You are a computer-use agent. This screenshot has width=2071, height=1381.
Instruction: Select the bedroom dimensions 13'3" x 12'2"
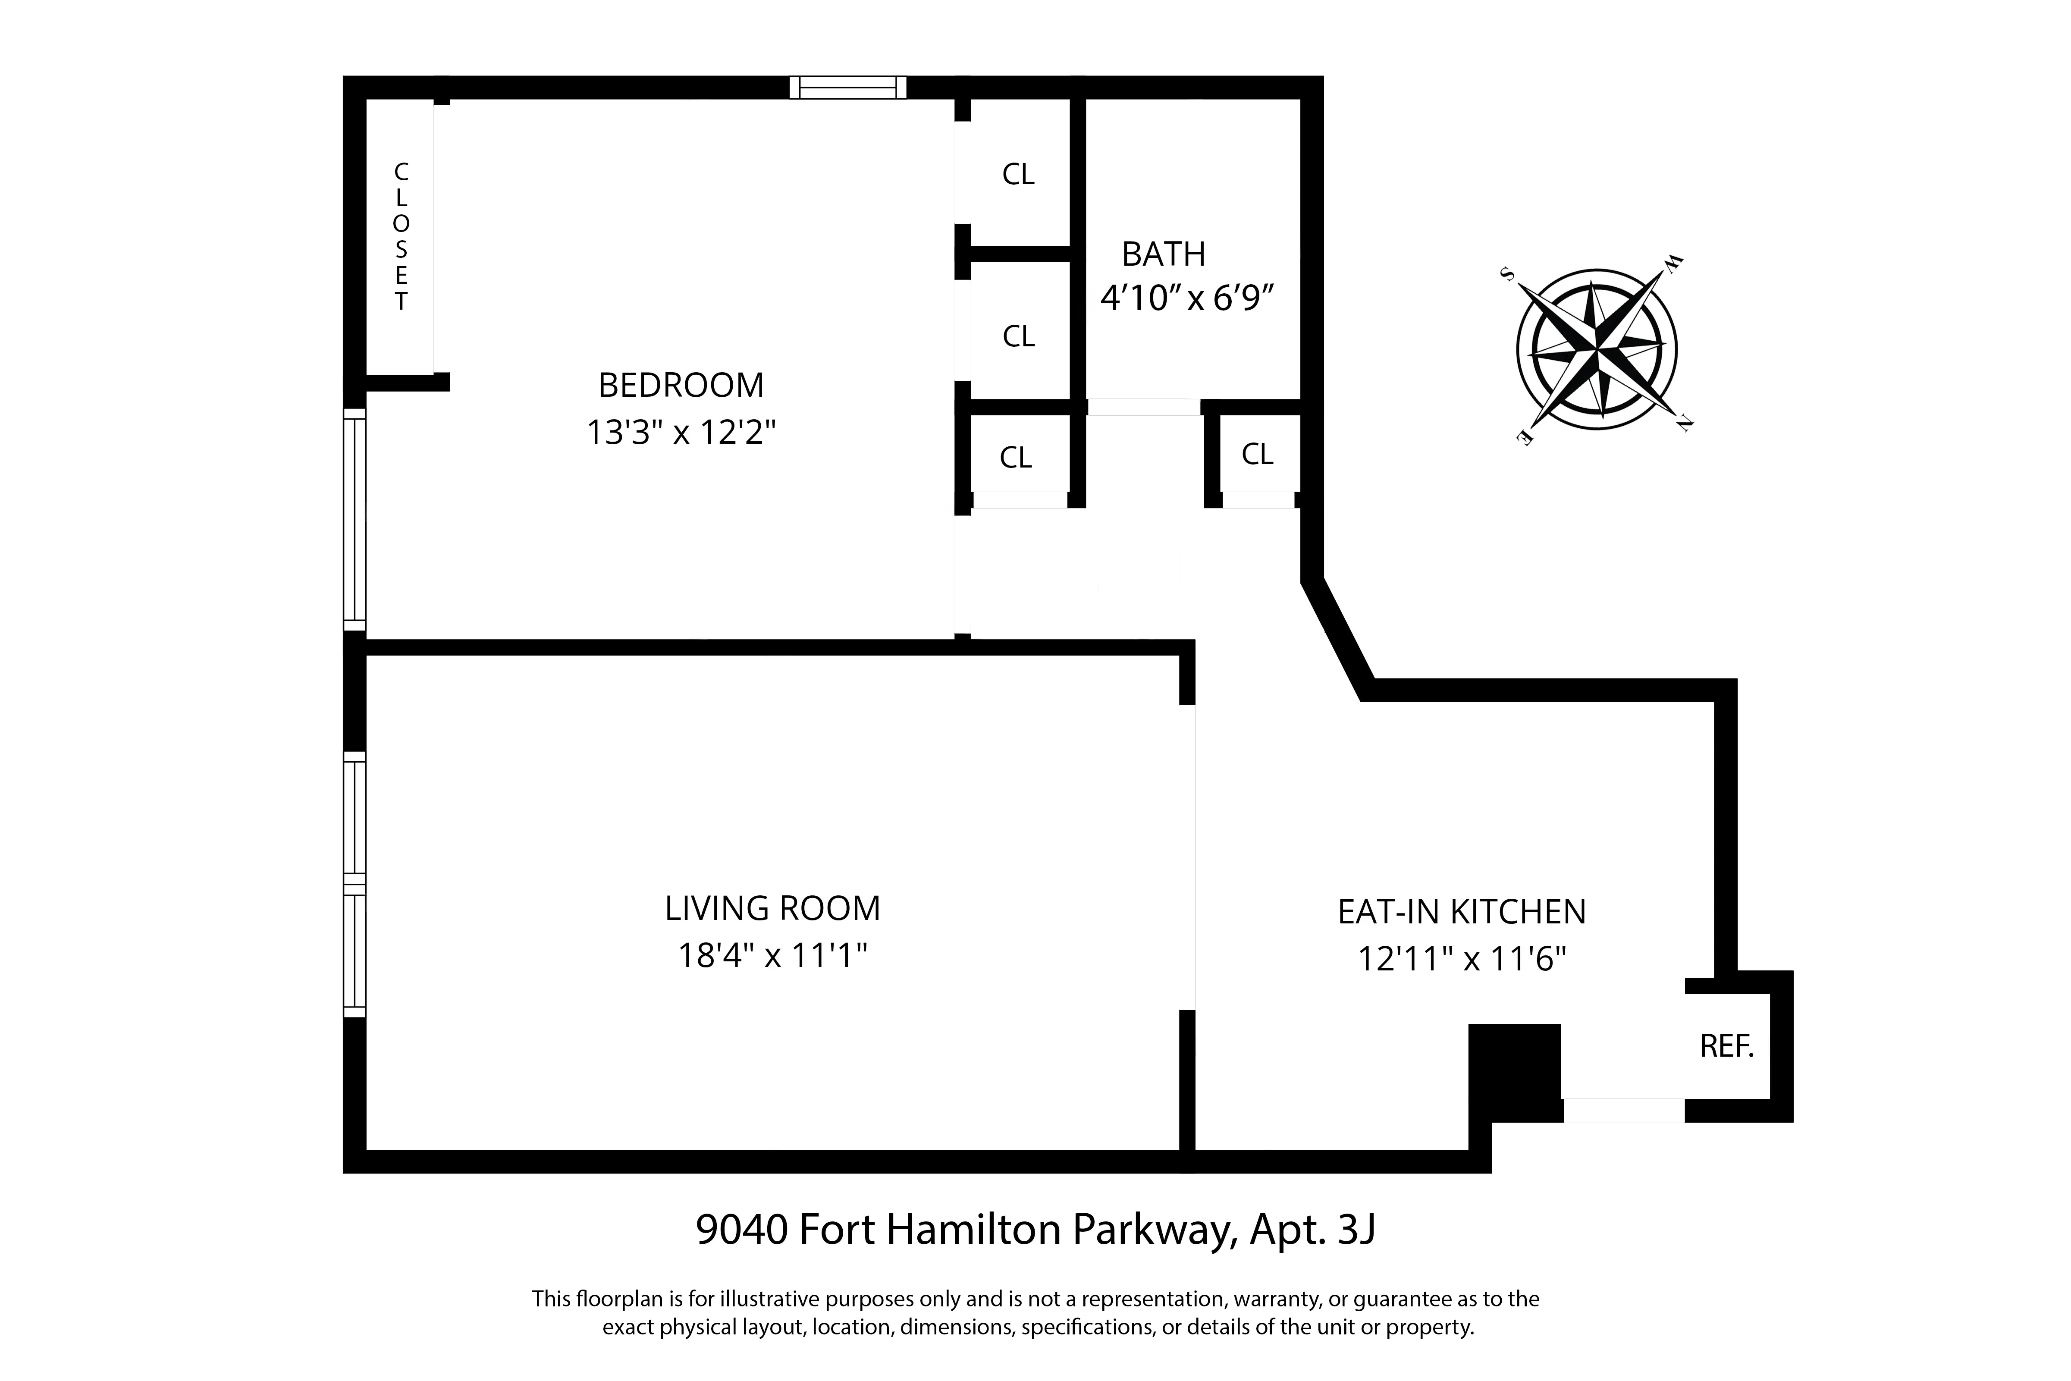click(681, 433)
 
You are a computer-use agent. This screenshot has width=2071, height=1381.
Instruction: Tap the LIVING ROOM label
click(772, 908)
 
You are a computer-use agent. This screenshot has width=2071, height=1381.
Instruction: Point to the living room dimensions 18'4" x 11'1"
click(772, 956)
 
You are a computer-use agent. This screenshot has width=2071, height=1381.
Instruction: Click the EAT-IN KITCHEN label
click(1462, 912)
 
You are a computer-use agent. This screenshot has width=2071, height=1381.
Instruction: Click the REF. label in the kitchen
click(1727, 1046)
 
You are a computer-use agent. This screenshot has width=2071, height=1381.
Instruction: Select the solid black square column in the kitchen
click(1514, 1072)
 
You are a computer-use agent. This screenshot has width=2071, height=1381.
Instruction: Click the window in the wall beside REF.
click(1623, 1111)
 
